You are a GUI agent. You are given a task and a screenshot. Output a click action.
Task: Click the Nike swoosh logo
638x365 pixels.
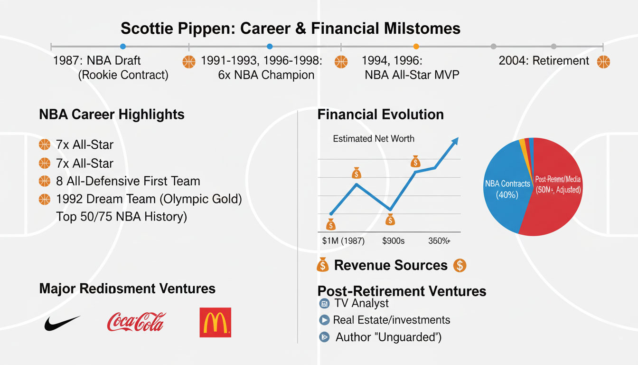(x=62, y=323)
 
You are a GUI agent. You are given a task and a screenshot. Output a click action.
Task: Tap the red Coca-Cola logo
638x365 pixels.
(x=136, y=322)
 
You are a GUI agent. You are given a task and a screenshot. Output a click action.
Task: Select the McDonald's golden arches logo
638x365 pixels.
(x=215, y=322)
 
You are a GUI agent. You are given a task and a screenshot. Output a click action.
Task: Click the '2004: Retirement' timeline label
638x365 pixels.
(x=544, y=61)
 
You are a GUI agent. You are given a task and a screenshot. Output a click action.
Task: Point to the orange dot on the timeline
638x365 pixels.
(x=416, y=47)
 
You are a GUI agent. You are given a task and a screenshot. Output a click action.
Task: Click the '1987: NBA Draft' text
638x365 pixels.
(x=97, y=61)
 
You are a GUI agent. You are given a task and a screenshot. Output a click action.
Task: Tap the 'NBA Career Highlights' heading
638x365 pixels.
(x=112, y=114)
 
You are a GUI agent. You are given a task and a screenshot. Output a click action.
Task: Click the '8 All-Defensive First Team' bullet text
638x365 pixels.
(x=128, y=181)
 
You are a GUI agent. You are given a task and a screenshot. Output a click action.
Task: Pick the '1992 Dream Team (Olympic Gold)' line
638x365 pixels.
(x=149, y=199)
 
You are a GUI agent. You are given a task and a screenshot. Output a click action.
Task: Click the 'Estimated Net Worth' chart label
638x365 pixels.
(x=374, y=139)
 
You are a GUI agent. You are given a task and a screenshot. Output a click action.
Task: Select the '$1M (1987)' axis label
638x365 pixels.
(x=343, y=240)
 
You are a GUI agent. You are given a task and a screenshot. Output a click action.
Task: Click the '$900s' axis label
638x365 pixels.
(x=393, y=240)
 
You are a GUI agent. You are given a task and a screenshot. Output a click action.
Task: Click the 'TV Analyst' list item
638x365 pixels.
(x=361, y=303)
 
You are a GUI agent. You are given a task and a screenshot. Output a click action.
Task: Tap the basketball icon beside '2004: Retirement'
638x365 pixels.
(x=603, y=61)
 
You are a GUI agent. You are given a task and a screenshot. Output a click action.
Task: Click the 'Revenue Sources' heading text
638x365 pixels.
(x=391, y=265)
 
